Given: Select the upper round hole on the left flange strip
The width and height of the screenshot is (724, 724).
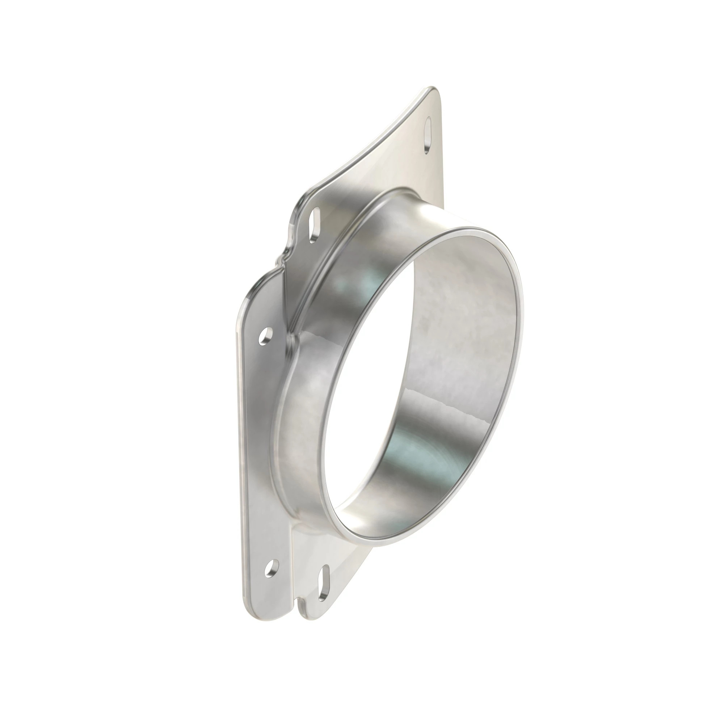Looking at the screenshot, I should click(266, 336).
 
